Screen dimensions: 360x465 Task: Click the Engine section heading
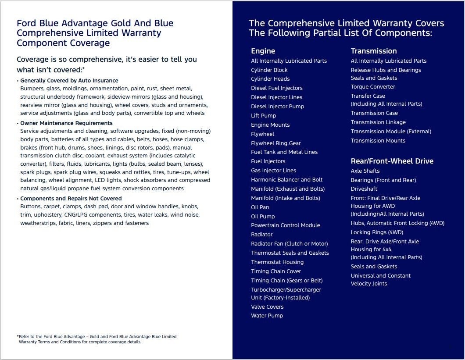[263, 51]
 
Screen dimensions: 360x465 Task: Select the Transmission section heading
[373, 51]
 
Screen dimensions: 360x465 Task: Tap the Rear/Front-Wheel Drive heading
[392, 161]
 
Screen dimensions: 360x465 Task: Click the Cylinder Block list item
[269, 70]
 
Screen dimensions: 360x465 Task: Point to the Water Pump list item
[267, 316]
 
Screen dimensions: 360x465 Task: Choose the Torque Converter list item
[372, 87]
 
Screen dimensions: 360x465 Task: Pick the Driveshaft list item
[364, 189]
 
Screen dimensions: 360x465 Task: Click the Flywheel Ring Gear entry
[275, 143]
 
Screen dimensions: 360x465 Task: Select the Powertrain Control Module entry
[285, 225]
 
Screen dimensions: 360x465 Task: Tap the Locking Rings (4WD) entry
[376, 232]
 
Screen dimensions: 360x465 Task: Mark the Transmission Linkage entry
[378, 122]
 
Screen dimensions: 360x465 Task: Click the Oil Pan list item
[260, 207]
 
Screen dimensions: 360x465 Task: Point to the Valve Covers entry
[267, 307]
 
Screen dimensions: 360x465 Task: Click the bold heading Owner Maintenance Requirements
[66, 123]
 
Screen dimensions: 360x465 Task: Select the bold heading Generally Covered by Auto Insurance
[69, 81]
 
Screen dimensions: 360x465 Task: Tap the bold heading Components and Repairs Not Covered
[71, 199]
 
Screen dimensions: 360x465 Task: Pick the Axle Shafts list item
[365, 171]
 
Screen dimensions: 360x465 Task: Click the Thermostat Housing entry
[277, 262]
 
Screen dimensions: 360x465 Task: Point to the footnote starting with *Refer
[97, 339]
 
